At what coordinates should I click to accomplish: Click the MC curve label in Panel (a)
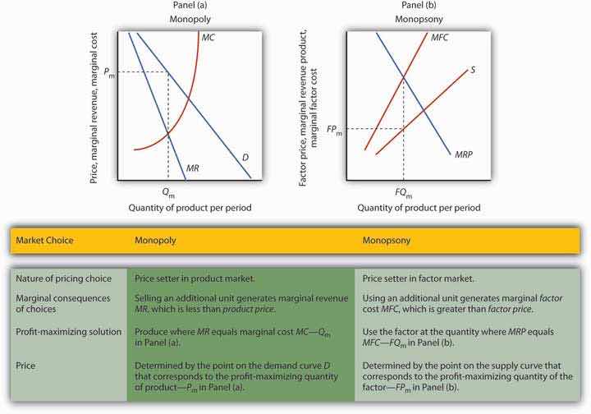pyautogui.click(x=208, y=37)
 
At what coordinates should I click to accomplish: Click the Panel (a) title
pyautogui.click(x=189, y=7)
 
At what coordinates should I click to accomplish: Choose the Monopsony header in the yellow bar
pyautogui.click(x=390, y=240)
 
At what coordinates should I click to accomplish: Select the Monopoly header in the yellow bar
pyautogui.click(x=157, y=240)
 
